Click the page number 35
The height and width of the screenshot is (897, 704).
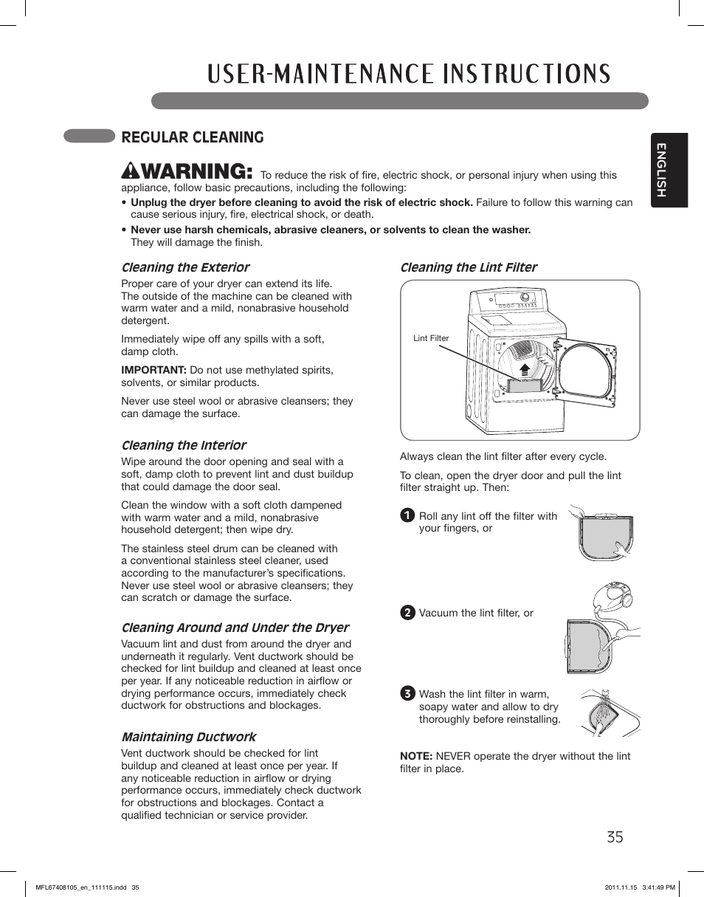615,836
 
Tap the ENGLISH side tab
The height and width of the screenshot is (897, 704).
669,171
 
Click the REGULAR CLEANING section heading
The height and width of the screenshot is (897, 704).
193,137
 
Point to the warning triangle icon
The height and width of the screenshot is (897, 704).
128,172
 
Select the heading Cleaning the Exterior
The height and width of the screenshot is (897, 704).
185,267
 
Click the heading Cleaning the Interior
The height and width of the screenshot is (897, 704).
184,445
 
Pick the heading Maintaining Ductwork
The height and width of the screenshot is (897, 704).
189,737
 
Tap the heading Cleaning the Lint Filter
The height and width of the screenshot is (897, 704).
469,267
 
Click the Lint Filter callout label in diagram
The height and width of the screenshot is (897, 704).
431,338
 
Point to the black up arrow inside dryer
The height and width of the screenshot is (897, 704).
525,370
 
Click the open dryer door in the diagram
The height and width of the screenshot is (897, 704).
588,374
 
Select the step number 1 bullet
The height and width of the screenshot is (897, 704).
407,516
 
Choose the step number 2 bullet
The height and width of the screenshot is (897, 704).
407,613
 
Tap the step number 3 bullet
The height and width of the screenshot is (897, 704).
407,694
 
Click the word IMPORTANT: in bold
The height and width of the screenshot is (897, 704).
153,370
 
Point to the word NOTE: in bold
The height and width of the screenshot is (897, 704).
416,756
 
